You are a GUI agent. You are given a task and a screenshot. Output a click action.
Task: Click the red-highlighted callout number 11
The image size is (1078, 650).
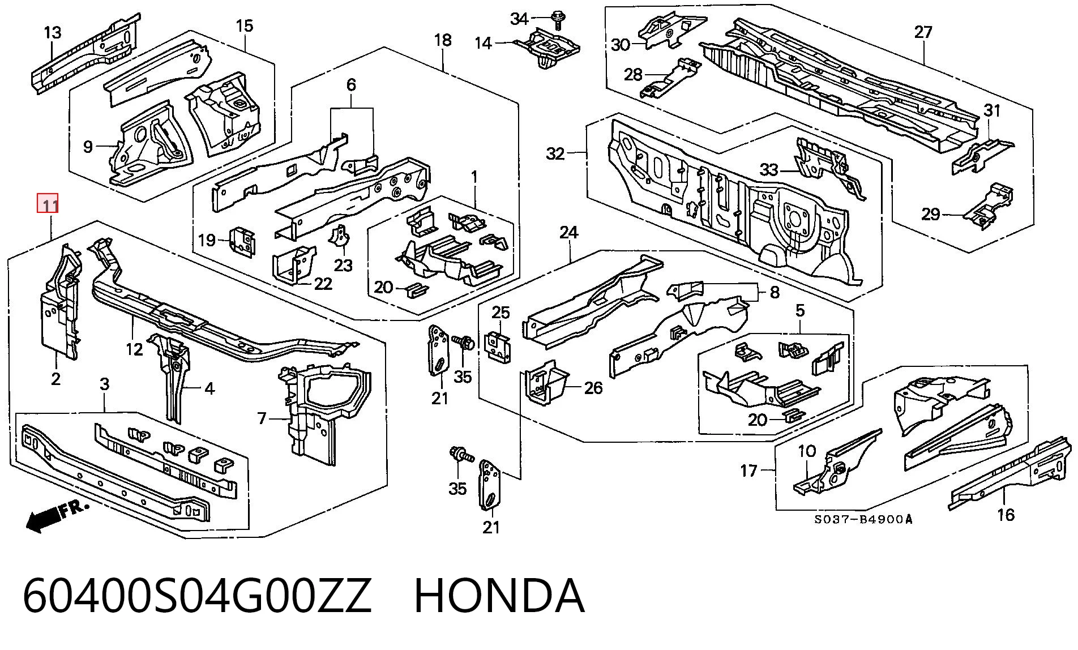click(48, 204)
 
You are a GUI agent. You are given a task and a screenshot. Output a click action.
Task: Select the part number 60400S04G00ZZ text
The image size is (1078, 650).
click(197, 596)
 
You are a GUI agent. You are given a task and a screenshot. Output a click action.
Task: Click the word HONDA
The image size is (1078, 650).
click(499, 596)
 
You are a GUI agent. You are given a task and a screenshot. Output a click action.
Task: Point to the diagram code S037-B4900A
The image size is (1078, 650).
click(863, 519)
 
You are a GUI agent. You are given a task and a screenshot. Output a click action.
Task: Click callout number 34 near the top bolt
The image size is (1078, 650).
click(519, 19)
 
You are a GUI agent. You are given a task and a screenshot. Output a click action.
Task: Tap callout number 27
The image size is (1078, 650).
click(923, 32)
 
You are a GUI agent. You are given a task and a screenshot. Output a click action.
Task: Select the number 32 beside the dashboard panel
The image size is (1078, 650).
click(555, 153)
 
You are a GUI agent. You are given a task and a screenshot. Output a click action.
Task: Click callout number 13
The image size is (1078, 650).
click(52, 32)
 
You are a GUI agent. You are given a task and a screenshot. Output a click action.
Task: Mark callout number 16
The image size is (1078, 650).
click(1006, 515)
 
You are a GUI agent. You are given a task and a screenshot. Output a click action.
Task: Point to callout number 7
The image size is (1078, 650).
click(261, 418)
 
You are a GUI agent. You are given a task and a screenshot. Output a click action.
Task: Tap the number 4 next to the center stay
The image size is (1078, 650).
click(209, 388)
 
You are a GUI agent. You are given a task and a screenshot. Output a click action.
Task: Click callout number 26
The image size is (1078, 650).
click(593, 388)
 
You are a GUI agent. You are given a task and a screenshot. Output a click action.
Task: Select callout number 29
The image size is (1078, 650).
click(930, 214)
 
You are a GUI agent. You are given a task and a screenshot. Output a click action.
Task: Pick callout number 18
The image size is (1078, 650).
click(443, 40)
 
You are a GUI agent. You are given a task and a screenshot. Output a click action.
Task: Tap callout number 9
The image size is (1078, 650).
click(88, 147)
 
